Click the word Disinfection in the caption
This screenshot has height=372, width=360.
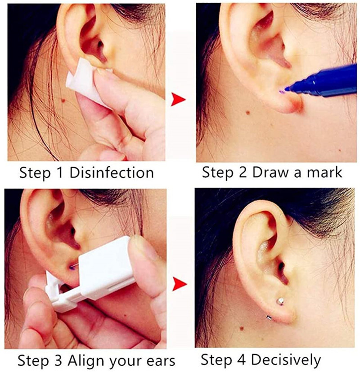click(x=112, y=173)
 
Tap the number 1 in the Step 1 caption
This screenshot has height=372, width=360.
click(x=60, y=173)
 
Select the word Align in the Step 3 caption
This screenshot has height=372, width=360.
click(x=86, y=361)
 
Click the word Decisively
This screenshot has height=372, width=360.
click(x=286, y=360)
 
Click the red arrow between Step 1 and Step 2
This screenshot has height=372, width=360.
click(x=178, y=99)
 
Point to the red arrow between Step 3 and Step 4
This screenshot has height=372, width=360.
click(x=180, y=284)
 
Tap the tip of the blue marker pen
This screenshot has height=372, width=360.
click(x=287, y=89)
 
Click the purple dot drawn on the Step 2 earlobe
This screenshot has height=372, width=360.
click(x=281, y=92)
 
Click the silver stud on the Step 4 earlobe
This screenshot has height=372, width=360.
click(x=280, y=301)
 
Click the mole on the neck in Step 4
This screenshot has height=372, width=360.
click(x=242, y=328)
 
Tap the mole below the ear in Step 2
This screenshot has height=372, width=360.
click(x=248, y=112)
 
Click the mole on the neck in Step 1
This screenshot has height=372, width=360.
click(x=63, y=101)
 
